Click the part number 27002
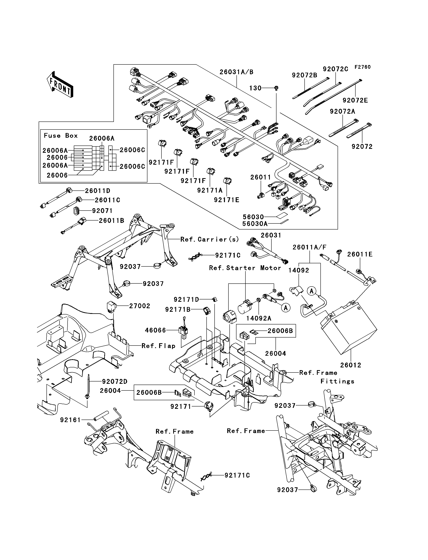point(140,306)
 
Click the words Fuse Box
point(61,136)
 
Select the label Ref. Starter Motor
point(245,268)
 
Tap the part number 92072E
point(355,100)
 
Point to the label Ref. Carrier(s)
point(210,239)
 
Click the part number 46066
point(155,330)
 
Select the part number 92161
point(70,420)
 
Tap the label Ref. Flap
point(159,346)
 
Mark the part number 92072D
point(115,382)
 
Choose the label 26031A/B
point(236,72)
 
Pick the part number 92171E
point(226,200)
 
